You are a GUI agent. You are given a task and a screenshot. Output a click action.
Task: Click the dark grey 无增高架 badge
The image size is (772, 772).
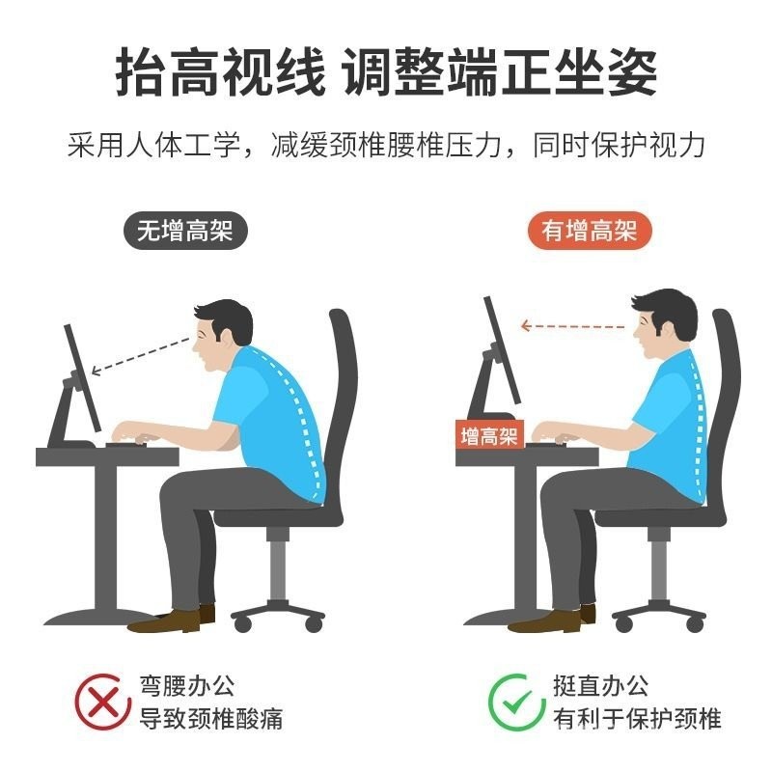185,231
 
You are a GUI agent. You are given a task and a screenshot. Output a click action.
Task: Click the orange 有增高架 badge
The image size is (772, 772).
590,231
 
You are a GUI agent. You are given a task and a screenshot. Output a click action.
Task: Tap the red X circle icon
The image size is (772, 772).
102,702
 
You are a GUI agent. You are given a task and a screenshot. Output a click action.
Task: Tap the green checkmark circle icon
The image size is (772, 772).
515,702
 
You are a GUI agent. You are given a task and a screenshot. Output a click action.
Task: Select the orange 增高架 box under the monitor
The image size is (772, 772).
490,435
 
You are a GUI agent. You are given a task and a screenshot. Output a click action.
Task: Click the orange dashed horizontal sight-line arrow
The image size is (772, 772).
573,326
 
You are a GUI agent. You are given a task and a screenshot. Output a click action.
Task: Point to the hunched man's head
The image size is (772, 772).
221,334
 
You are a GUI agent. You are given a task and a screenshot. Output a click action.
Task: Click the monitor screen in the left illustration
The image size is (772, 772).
83,378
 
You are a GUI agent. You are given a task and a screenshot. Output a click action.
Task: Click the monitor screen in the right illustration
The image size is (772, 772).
502,350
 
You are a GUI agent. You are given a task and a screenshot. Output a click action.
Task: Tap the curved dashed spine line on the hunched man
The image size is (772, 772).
298,419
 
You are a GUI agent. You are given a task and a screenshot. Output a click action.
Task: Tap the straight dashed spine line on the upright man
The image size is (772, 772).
698,427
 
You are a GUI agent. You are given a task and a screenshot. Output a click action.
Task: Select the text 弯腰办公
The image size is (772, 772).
186,686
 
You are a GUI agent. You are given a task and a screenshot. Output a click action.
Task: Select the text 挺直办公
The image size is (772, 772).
600,686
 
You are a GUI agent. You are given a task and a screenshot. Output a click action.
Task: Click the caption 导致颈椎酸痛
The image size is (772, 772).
210,718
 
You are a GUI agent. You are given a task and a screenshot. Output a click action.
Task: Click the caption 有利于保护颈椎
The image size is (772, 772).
637,718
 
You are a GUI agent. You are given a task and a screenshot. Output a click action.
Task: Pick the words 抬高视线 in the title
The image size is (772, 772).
220,71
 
